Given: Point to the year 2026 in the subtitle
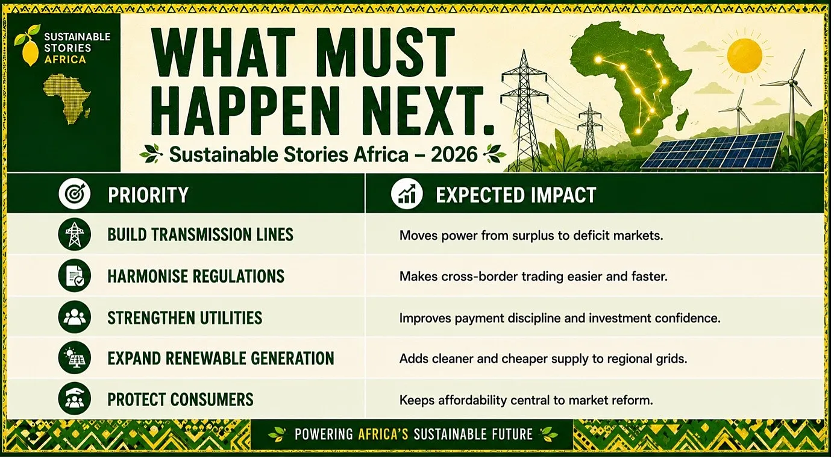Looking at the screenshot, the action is click(x=454, y=154).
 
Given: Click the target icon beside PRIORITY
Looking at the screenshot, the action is click(x=75, y=193).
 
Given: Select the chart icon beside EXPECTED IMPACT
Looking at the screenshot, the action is click(x=407, y=194).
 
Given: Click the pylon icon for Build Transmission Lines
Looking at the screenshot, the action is click(x=75, y=234).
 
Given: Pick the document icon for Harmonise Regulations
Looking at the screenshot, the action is click(x=75, y=276).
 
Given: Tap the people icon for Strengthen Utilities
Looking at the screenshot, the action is click(x=75, y=317).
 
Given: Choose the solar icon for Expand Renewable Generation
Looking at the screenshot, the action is click(x=75, y=358).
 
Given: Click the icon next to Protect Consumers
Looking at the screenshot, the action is click(x=75, y=399).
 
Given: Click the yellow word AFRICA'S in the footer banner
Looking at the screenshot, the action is click(x=383, y=434).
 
